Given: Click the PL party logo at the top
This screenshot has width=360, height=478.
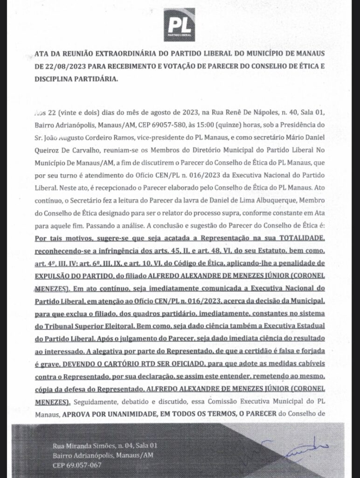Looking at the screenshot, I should point(179,25).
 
